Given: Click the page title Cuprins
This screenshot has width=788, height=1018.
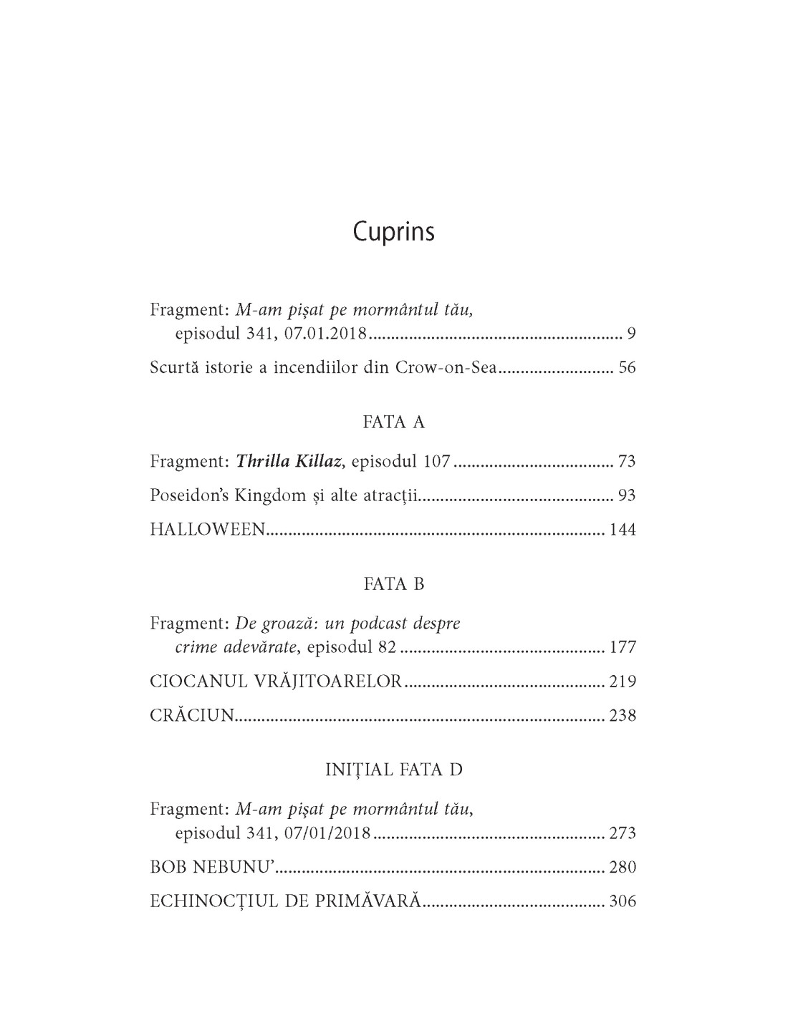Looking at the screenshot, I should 393,233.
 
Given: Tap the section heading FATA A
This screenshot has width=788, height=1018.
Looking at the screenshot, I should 393,422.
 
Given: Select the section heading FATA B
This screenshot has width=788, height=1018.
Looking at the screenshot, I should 393,584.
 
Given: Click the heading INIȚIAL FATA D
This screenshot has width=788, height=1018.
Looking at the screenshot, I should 393,770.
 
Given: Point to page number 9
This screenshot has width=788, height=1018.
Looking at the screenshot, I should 631,334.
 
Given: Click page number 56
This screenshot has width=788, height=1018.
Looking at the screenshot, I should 627,369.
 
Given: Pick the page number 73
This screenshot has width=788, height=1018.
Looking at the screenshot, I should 627,461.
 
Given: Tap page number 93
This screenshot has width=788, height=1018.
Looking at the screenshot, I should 627,495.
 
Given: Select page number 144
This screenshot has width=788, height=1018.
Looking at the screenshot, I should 623,530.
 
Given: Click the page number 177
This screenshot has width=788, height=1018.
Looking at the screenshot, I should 623,648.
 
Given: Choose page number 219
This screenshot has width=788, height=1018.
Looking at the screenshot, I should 623,682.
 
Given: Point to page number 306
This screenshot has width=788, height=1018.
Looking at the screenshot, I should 623,901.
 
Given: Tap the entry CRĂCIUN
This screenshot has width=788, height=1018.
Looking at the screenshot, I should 192,716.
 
